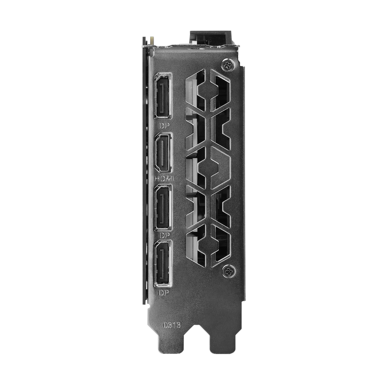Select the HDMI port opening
(x=163, y=153)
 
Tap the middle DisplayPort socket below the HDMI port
(x=163, y=207)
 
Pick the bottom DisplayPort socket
(x=163, y=263)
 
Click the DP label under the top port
(x=164, y=126)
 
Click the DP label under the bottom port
(x=164, y=293)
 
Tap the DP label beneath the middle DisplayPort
(x=164, y=235)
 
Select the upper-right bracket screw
(x=228, y=65)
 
